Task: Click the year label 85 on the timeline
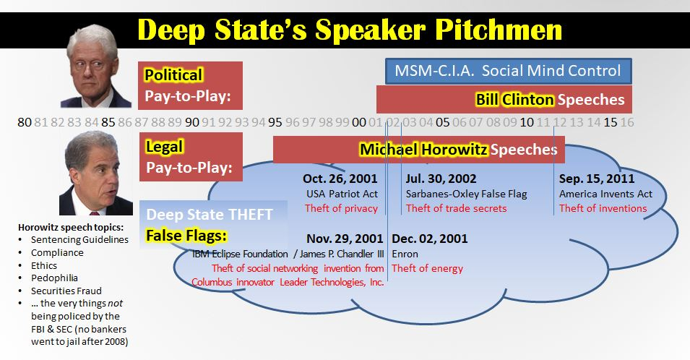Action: tap(108, 122)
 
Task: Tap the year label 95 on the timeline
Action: tap(275, 122)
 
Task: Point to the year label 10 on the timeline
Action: tap(527, 122)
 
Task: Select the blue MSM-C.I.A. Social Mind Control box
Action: tap(508, 71)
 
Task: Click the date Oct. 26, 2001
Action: tap(340, 179)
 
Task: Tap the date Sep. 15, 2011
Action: tap(597, 179)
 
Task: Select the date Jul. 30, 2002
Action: tap(441, 179)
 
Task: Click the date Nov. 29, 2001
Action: tap(345, 239)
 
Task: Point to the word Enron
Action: tap(405, 254)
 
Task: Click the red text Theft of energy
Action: tap(427, 268)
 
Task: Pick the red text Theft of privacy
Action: tap(342, 208)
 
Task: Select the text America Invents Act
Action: tap(605, 194)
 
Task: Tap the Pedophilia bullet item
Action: tap(54, 278)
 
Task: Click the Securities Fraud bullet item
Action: tap(66, 291)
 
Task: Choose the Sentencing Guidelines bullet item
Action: tap(79, 240)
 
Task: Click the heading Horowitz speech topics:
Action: tap(71, 227)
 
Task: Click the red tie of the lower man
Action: tap(95, 213)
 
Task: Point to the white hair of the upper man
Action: tap(92, 37)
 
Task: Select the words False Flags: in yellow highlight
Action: tap(186, 236)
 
